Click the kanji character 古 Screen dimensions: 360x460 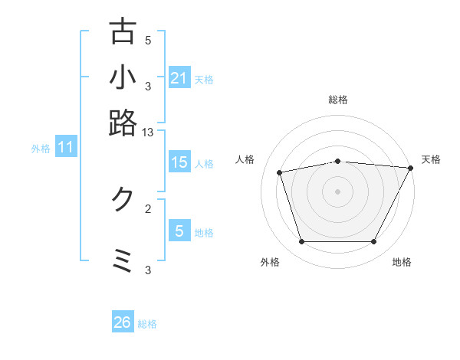coord(123,32)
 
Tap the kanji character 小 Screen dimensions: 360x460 coord(123,77)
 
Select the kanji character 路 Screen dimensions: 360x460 coord(123,122)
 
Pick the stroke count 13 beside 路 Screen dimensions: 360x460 coord(148,133)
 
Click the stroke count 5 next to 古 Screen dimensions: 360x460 coord(148,41)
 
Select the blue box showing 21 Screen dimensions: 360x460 coord(179,77)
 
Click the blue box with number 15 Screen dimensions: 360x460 coord(179,162)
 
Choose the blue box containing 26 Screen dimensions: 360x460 coord(122,322)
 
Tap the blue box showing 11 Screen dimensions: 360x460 coord(65,147)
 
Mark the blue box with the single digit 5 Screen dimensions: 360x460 coord(179,231)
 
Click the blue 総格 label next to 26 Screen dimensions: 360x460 coord(147,324)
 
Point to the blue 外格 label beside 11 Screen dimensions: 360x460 coord(41,149)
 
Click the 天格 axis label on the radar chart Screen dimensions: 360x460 coord(431,159)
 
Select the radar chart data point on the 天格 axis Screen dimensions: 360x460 coord(410,168)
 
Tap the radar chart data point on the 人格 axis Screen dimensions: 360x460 coord(280,172)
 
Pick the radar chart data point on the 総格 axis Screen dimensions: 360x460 coord(338,161)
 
